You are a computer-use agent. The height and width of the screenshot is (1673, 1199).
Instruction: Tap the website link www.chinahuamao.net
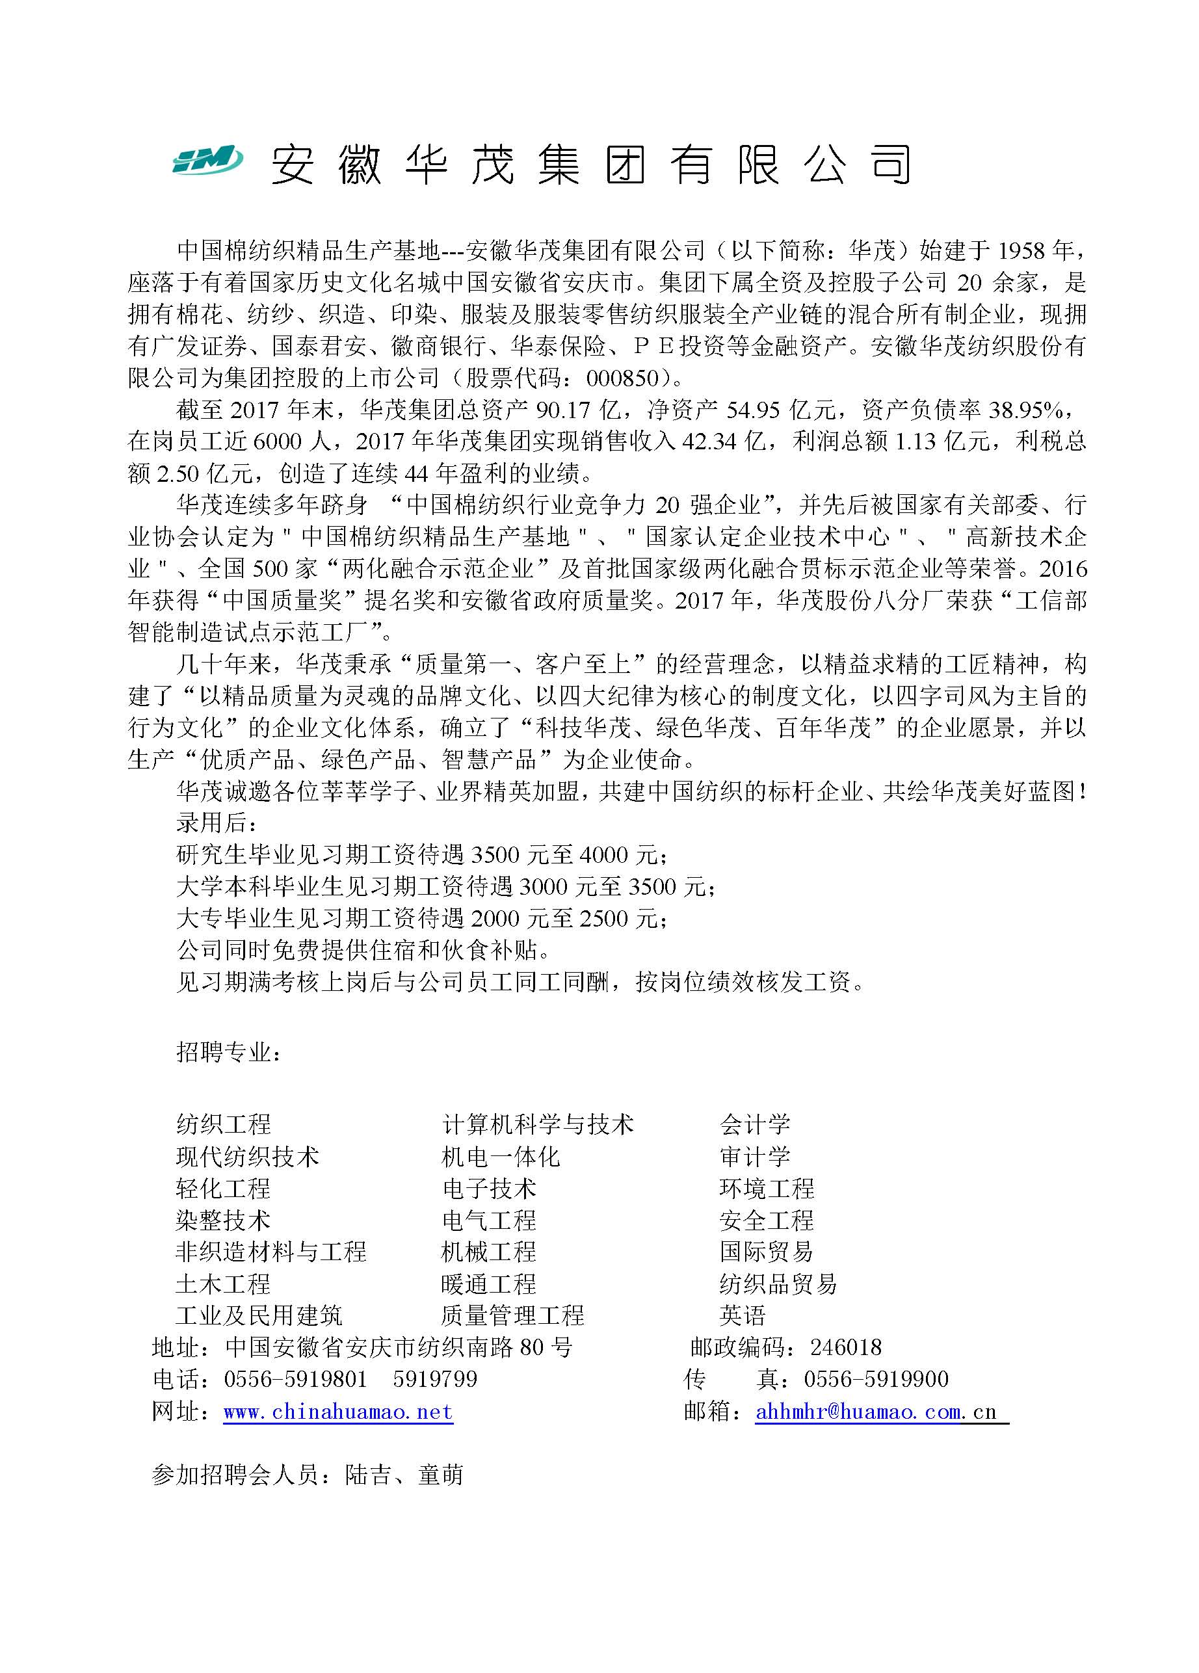338,1411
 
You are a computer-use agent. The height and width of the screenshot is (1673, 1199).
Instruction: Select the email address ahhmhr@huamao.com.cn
876,1411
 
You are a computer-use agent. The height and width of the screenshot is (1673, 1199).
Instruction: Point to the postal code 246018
845,1347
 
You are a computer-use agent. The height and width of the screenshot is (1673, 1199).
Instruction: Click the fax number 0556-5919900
876,1378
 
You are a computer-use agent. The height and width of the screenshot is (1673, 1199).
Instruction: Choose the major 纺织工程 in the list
224,1124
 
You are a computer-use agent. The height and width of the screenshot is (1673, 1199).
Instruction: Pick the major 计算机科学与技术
538,1124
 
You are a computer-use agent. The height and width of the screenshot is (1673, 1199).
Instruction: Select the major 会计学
755,1124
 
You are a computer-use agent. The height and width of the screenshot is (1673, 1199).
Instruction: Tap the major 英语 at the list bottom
743,1315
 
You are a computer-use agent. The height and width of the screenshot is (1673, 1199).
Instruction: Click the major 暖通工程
488,1284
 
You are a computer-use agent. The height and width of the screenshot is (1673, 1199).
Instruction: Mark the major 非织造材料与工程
270,1251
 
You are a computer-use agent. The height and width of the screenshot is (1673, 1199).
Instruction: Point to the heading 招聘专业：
229,1052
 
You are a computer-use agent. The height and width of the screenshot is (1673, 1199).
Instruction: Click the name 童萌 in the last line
440,1475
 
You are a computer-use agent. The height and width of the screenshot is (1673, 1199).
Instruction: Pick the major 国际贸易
767,1251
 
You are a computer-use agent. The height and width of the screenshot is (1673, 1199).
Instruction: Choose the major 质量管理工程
512,1315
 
